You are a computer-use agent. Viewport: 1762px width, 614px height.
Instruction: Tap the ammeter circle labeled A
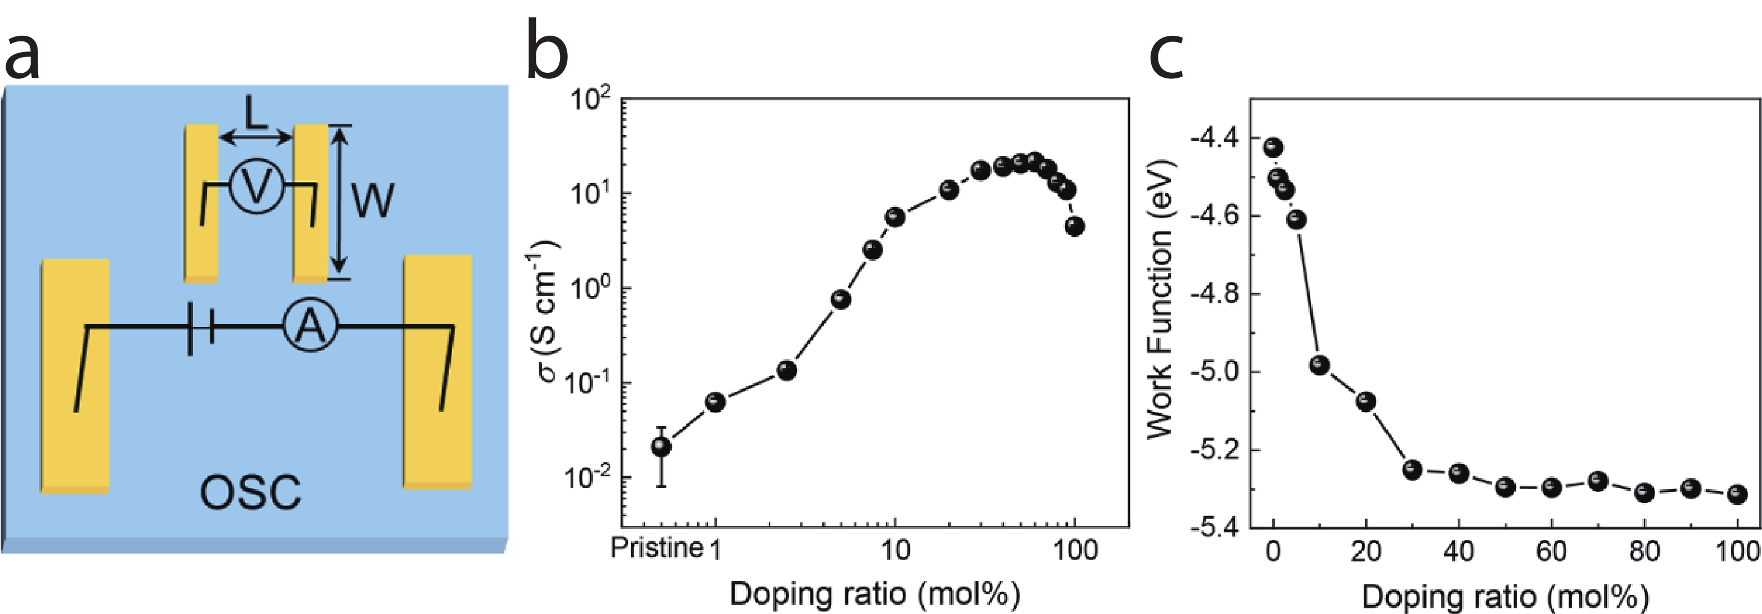click(x=311, y=326)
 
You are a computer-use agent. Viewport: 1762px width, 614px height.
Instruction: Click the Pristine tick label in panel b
click(x=657, y=549)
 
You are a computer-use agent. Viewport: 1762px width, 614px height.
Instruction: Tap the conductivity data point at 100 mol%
click(x=1075, y=227)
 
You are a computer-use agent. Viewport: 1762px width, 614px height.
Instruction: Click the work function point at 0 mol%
click(x=1273, y=147)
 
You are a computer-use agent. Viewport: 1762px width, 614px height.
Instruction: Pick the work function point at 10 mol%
click(x=1320, y=365)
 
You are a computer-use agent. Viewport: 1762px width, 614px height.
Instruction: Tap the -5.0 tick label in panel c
click(x=1215, y=372)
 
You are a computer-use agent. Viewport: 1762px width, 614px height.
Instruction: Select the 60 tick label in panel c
click(x=1551, y=551)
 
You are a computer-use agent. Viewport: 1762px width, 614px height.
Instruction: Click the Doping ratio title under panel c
click(x=1505, y=597)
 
